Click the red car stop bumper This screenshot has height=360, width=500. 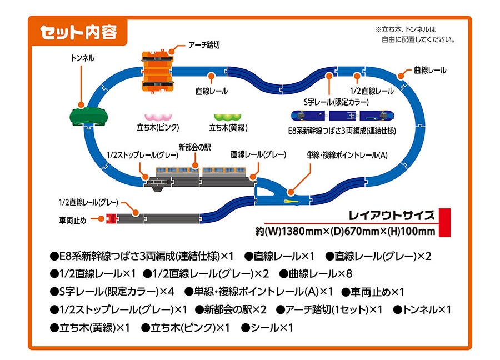(111, 218)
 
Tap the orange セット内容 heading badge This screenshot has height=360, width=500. (78, 32)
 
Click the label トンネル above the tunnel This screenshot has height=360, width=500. (83, 58)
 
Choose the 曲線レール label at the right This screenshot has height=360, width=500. (430, 71)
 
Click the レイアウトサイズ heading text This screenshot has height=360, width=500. (391, 215)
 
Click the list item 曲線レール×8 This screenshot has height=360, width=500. (316, 274)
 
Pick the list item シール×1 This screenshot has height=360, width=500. (267, 328)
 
